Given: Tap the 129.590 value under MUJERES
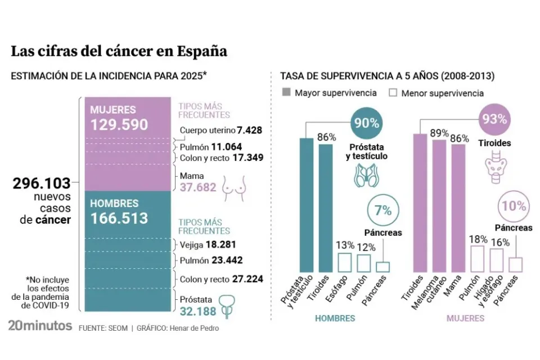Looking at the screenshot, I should pos(119,125).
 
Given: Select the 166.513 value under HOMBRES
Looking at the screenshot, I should pos(119,218).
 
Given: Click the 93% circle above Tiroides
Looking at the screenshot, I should pos(494,119).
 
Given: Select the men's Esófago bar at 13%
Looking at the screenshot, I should pos(345,262).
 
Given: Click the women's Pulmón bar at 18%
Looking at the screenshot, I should pos(478,259).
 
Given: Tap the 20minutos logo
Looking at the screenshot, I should pos(40,326).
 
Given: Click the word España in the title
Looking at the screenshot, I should pos(202,51).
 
